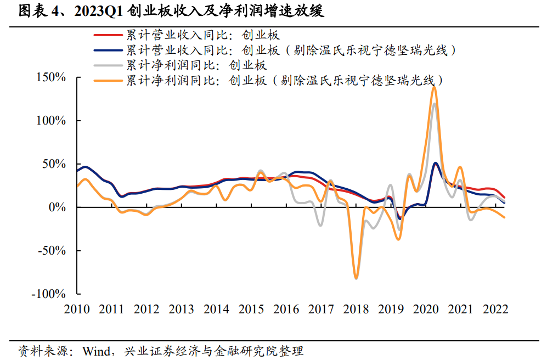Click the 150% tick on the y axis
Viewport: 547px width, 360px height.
click(x=52, y=77)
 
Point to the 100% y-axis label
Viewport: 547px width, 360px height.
click(x=52, y=121)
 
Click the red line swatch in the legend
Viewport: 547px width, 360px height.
click(x=108, y=36)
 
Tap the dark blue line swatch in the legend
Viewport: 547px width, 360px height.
click(x=108, y=50)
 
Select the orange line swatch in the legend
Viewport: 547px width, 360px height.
click(x=108, y=80)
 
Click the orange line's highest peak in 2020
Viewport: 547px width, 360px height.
click(x=435, y=87)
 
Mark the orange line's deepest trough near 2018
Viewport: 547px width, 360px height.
click(x=356, y=278)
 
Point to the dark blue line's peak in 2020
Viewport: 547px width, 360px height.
click(x=435, y=163)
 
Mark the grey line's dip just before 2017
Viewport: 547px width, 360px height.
click(x=320, y=225)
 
